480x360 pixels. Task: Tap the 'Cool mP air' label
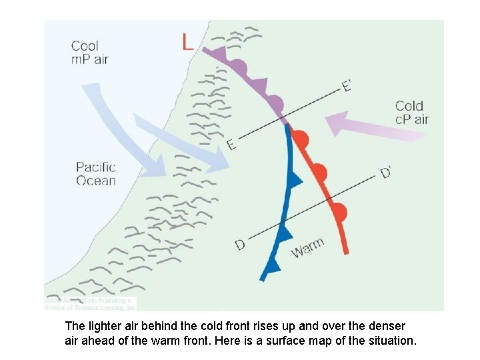(89, 53)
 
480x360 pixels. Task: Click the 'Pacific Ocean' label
(95, 173)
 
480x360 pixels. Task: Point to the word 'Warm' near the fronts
(308, 247)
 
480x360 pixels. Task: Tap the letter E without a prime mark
(231, 144)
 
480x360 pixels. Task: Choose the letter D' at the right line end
(386, 172)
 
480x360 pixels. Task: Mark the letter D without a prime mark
(240, 245)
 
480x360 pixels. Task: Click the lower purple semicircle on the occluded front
(275, 103)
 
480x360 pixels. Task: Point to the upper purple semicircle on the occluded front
(239, 67)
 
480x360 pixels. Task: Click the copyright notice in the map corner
(91, 303)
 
